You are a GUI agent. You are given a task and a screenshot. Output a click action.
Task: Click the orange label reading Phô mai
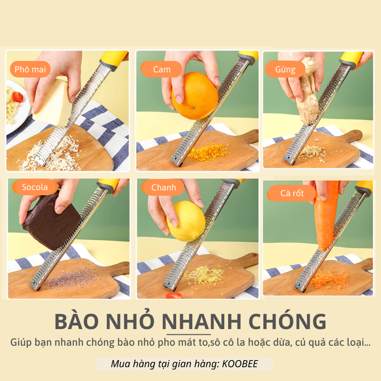click(30, 70)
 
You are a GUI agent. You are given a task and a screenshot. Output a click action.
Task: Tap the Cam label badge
click(161, 70)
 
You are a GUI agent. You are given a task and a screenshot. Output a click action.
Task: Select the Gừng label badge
click(285, 70)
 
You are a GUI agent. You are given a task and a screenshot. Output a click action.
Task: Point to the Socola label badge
click(35, 187)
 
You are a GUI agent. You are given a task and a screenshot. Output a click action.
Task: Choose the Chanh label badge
click(163, 187)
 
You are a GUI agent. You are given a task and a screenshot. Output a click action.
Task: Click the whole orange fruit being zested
click(195, 95)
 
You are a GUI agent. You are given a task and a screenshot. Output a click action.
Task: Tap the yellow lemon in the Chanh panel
click(186, 221)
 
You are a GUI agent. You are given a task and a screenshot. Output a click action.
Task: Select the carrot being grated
click(326, 214)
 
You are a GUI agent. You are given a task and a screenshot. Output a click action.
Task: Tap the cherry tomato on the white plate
click(18, 97)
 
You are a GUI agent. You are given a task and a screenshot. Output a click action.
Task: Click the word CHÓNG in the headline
click(291, 321)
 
